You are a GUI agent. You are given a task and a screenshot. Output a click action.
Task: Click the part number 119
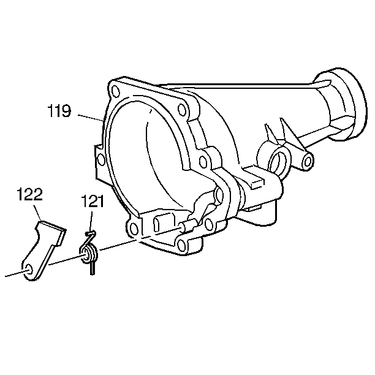59,111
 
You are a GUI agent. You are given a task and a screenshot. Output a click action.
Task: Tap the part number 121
93,202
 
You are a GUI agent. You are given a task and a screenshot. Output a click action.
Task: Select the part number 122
29,194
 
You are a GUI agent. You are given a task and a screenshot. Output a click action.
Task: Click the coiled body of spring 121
88,254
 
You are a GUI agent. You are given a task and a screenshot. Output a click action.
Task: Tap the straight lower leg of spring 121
93,268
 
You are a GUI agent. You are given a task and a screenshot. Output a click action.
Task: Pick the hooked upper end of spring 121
91,233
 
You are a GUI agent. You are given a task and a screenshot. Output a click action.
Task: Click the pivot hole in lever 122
29,269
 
